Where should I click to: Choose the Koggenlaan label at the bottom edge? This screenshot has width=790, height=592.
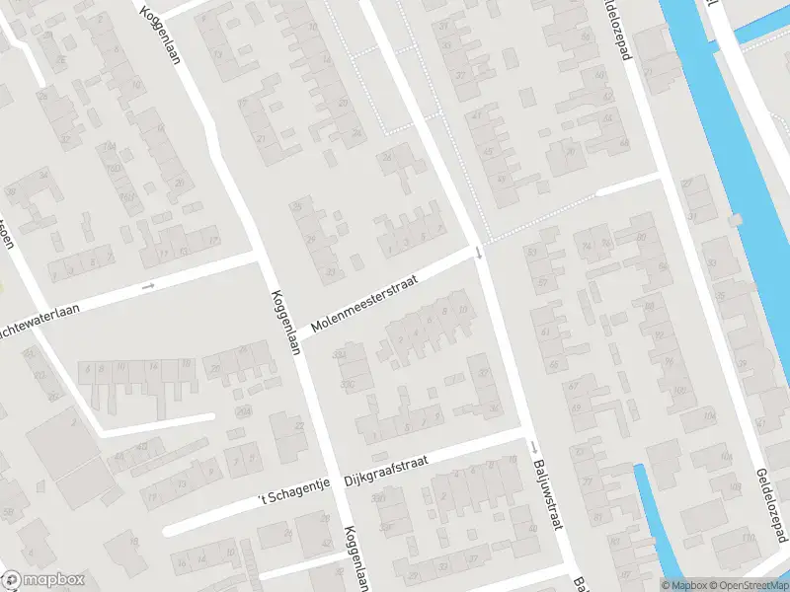(x=355, y=557)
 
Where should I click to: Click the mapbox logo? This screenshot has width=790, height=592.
(x=43, y=580)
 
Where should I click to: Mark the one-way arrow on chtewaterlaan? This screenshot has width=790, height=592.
(x=148, y=286)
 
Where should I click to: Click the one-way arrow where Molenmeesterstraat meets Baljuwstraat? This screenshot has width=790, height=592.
(x=479, y=253)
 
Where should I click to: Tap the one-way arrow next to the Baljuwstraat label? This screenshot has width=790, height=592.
(x=533, y=448)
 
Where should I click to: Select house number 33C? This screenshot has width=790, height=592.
(x=348, y=385)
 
